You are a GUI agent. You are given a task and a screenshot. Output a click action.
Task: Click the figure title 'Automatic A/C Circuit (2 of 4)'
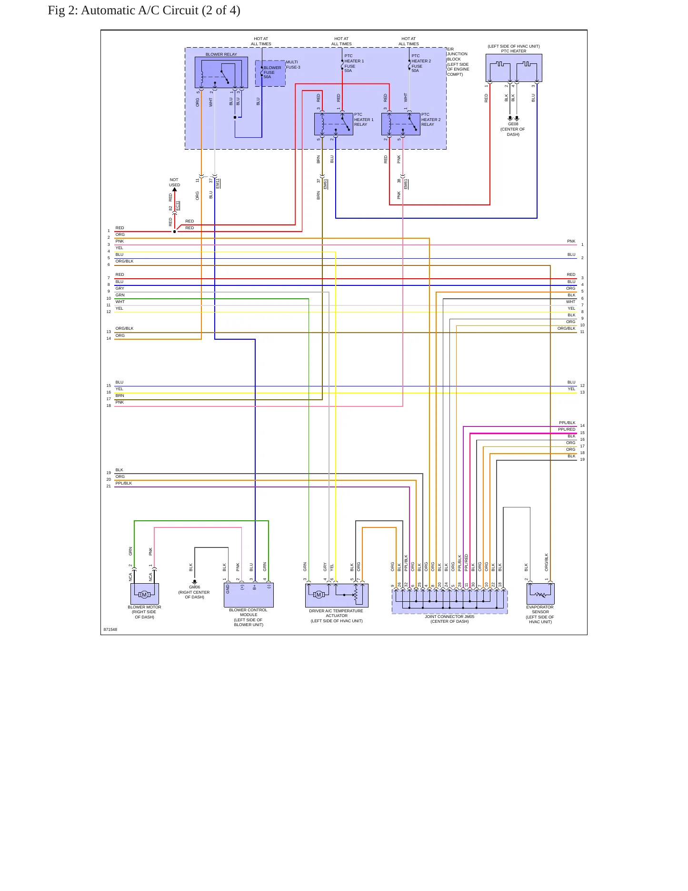pos(160,10)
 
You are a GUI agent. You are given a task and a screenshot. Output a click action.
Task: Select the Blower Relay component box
pos(221,72)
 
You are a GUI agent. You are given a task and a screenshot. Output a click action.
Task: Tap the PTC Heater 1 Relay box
pos(334,124)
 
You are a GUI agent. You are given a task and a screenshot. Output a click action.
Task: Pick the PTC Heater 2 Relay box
pos(401,124)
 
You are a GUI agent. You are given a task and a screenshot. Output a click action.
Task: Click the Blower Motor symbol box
pos(145,594)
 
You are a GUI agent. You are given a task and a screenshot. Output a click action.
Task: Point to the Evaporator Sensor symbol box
pos(540,594)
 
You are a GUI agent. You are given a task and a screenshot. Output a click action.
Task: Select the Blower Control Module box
pos(249,595)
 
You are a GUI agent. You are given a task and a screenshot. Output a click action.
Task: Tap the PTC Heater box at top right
pos(514,68)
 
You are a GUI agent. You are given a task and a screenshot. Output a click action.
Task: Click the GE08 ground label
pos(513,124)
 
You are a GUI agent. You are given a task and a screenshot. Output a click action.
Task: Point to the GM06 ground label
pos(195,587)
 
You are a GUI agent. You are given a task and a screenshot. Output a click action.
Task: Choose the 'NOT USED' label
pos(174,182)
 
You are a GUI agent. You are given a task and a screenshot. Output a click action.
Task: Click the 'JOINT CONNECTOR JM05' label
pos(449,617)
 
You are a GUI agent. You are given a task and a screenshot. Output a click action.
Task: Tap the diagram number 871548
pos(110,629)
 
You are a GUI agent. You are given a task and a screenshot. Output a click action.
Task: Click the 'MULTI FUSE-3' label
pos(293,65)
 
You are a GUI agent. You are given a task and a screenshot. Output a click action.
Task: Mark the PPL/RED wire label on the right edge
pos(567,429)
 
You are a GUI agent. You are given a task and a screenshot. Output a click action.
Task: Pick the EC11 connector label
pos(178,206)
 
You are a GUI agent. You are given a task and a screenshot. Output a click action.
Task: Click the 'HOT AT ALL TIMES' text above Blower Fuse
pos(261,41)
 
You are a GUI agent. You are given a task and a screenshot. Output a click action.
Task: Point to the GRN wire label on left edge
pos(120,295)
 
